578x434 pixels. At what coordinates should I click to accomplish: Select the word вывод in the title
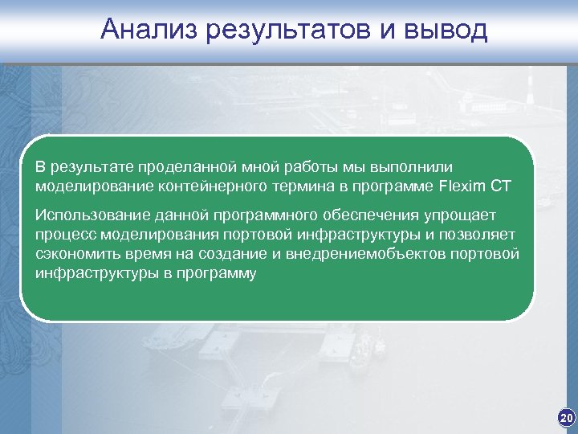[446, 30]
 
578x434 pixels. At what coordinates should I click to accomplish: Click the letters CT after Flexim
[501, 186]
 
